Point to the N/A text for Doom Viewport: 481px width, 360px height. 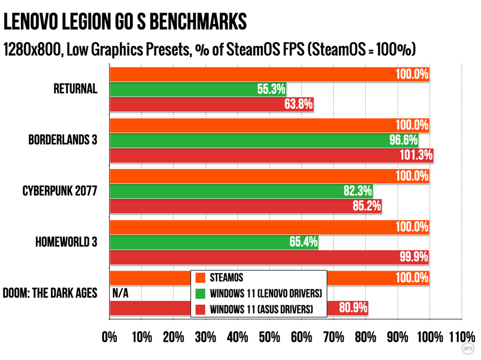pyautogui.click(x=120, y=293)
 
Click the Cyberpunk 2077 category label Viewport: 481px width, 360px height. pyautogui.click(x=60, y=191)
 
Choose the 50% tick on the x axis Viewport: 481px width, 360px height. pyautogui.click(x=269, y=336)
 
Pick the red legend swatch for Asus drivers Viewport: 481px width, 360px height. pyautogui.click(x=201, y=310)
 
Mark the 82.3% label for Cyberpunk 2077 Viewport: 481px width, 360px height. pyautogui.click(x=358, y=191)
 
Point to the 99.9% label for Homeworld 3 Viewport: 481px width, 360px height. pyautogui.click(x=414, y=257)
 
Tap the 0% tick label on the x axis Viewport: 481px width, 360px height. pyautogui.click(x=110, y=336)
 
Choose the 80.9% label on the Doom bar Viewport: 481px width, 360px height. pyautogui.click(x=353, y=308)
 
